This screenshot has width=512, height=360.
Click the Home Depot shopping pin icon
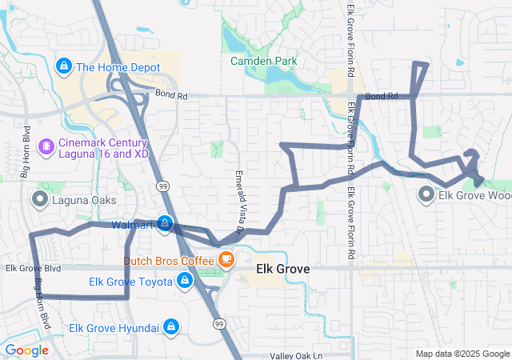pos(63,66)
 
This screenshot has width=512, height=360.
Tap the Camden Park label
pos(263,61)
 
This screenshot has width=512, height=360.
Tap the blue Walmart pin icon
pos(164,223)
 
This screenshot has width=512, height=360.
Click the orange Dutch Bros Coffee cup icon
pos(226,258)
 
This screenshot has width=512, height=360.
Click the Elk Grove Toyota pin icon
pos(185,280)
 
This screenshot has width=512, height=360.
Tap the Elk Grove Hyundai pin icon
pos(170,326)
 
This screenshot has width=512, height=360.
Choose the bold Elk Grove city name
pos(282,270)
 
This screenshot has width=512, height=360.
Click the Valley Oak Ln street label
pos(296,355)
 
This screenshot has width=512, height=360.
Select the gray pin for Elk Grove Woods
pos(426,194)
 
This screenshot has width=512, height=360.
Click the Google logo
pos(26,350)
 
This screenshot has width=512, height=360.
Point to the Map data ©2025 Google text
pos(462,354)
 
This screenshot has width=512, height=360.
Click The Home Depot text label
pos(118,67)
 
